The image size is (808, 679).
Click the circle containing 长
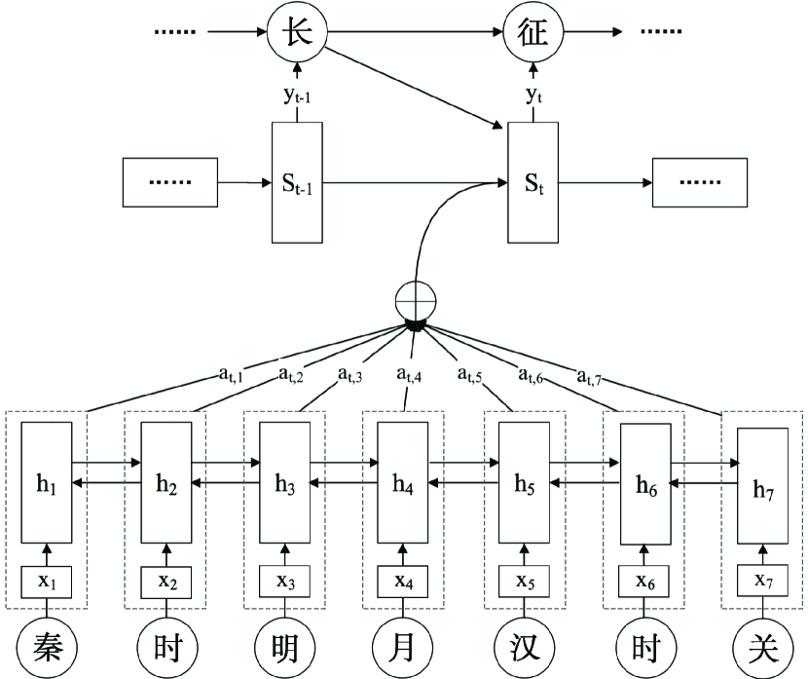coord(297,32)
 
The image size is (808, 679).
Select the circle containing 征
coord(533,32)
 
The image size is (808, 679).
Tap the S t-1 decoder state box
coord(297,182)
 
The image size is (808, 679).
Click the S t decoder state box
coord(533,182)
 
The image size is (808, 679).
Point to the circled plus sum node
coord(416,301)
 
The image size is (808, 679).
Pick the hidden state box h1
coord(47,482)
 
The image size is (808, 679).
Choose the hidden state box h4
coord(403,482)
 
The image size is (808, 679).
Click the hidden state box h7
coord(762,486)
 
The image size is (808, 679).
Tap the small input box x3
coord(285,583)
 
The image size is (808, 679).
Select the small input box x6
coord(644,583)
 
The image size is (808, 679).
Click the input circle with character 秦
coord(47,648)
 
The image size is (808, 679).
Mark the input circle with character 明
coord(285,648)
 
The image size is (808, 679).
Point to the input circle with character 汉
coord(525,648)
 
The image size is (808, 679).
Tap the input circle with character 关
coord(763,648)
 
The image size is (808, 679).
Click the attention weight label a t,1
coord(231,374)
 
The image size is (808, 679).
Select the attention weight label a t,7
coord(589,377)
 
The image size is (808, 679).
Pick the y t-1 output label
coord(297,95)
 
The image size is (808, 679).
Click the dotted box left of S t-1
coord(170,182)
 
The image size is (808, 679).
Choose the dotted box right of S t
coord(700,182)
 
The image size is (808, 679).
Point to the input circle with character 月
coord(403,648)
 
